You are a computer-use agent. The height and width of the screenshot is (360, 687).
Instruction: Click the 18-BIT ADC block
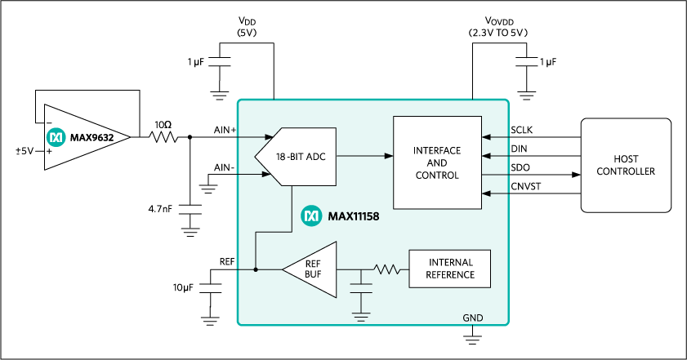[x=300, y=156]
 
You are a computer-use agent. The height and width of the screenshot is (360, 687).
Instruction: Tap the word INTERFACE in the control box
[x=437, y=151]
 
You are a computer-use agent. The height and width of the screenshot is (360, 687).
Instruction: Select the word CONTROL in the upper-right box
[x=437, y=176]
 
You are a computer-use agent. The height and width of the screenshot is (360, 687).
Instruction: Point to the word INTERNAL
[x=450, y=263]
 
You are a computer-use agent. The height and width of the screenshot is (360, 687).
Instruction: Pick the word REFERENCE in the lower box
[x=450, y=275]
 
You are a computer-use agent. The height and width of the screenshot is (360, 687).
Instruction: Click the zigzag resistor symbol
[x=386, y=269]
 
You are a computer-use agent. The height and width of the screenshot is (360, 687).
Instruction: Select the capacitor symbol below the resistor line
[x=360, y=287]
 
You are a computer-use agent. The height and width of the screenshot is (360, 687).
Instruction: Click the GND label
[x=473, y=318]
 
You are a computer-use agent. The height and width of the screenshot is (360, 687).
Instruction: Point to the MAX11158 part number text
[x=354, y=217]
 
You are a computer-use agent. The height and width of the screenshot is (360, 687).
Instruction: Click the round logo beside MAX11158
[x=311, y=216]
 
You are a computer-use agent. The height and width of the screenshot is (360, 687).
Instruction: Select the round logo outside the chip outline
[x=56, y=137]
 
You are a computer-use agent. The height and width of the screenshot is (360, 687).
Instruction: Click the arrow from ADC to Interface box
[x=364, y=156]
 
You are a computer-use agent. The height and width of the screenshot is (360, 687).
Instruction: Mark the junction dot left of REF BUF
[x=256, y=269]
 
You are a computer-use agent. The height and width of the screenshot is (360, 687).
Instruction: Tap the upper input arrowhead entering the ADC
[x=270, y=137]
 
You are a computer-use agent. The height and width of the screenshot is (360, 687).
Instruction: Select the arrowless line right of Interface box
[x=495, y=175]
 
